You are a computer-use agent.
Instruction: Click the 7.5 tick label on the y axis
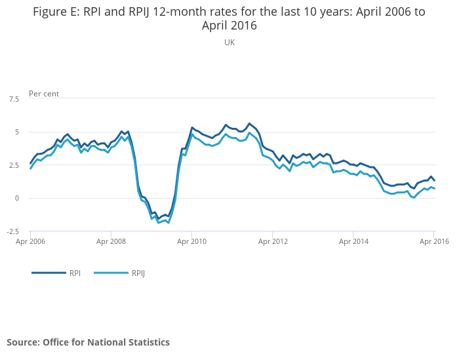[x=14, y=99]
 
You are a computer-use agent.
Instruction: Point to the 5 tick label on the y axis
[x=17, y=132]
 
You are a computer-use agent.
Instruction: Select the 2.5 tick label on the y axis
[x=14, y=165]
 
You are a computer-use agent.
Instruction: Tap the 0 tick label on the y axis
[x=17, y=198]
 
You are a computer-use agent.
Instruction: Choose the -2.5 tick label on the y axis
[x=13, y=231]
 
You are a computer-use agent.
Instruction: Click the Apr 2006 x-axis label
[x=30, y=241]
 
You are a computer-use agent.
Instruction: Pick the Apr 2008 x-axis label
[x=111, y=241]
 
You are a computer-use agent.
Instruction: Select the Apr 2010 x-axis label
[x=191, y=241]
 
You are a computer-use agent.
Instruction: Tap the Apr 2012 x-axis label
[x=273, y=241]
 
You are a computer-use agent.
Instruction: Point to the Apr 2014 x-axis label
[x=353, y=241]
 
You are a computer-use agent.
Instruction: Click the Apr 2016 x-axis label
[x=434, y=241]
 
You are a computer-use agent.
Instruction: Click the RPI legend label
[x=75, y=273]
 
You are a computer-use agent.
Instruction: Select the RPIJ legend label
[x=138, y=273]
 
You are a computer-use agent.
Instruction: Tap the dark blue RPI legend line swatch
[x=49, y=273]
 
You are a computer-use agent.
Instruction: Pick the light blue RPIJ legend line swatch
[x=111, y=273]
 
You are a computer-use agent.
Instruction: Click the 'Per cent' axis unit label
[x=44, y=94]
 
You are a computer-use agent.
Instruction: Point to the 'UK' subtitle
[x=229, y=43]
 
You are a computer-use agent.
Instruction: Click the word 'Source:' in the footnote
[x=24, y=342]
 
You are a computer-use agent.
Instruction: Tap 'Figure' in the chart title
[x=49, y=12]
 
